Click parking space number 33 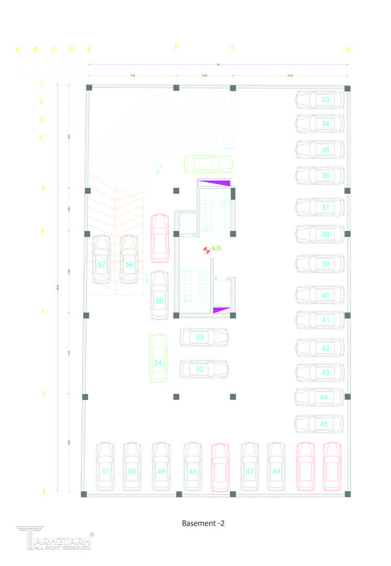pyautogui.click(x=325, y=99)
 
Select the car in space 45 pyautogui.click(x=320, y=423)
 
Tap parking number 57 pyautogui.click(x=102, y=265)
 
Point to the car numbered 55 pyautogui.click(x=159, y=295)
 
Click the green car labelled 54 pyautogui.click(x=158, y=358)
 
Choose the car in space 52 pyautogui.click(x=204, y=369)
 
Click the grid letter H pyautogui.click(x=347, y=50)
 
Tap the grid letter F pyautogui.click(x=176, y=48)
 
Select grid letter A pyautogui.click(x=17, y=49)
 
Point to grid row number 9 pyautogui.click(x=44, y=491)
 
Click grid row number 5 pyautogui.click(x=44, y=188)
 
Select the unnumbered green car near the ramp pyautogui.click(x=209, y=164)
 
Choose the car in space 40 pyautogui.click(x=320, y=295)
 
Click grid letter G pyautogui.click(x=233, y=48)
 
